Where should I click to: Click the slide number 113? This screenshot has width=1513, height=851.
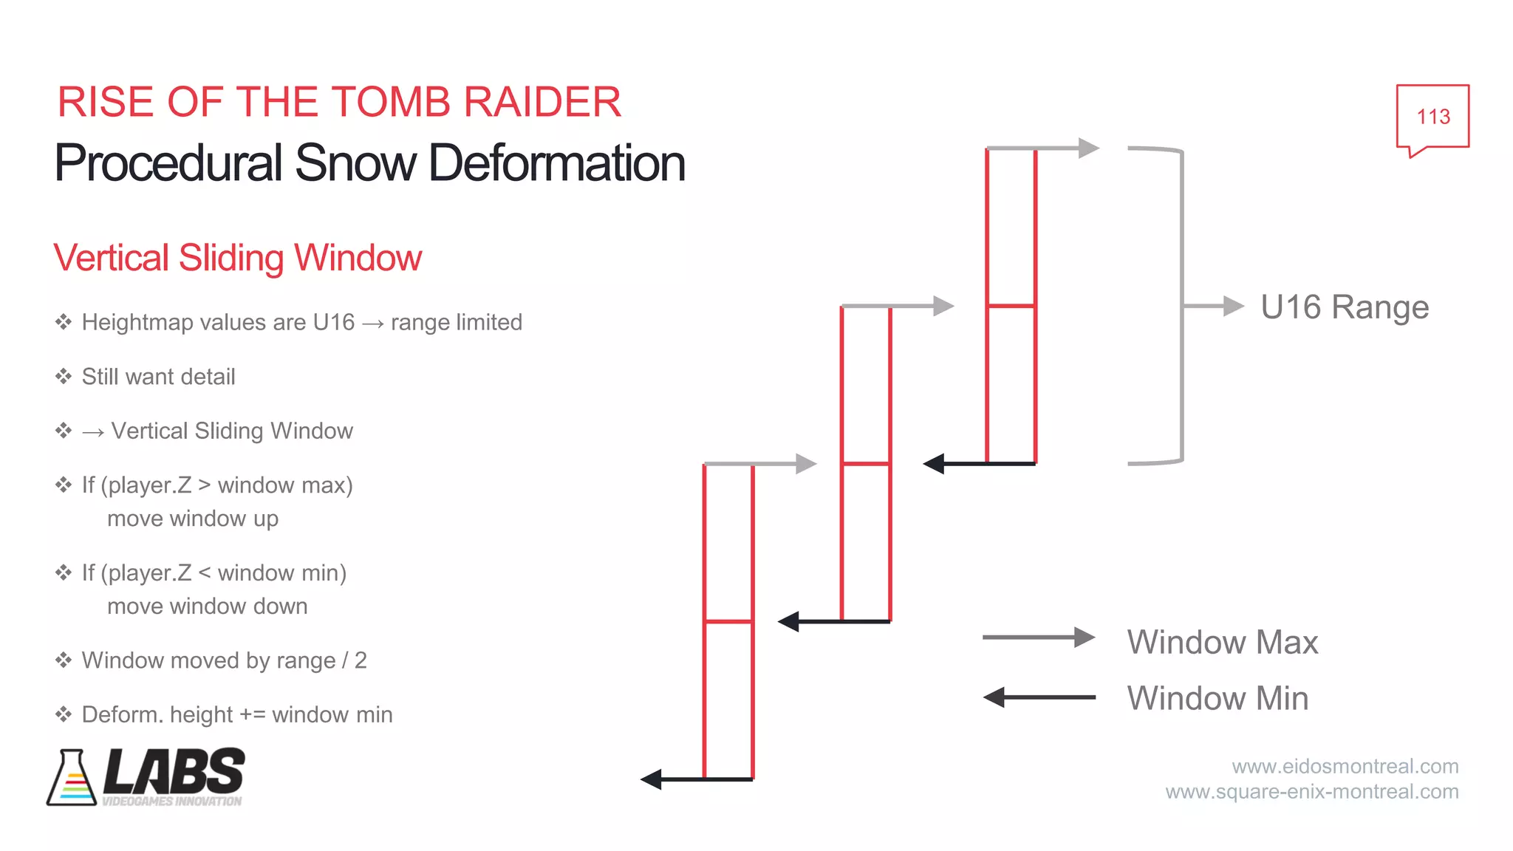coord(1432,117)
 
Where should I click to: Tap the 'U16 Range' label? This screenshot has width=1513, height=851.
coord(1345,307)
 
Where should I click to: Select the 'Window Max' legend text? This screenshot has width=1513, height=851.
coord(1222,642)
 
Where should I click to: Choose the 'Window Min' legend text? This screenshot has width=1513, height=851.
coord(1217,698)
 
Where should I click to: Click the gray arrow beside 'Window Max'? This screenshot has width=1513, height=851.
coord(1038,637)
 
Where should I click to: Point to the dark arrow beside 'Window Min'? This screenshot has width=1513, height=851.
coord(1038,697)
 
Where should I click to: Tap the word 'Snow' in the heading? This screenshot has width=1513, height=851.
coord(355,163)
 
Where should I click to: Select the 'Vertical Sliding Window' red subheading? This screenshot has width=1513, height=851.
coord(237,258)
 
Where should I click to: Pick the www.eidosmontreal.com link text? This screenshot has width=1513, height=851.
coord(1345,766)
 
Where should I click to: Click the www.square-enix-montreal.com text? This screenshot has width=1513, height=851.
coord(1312,792)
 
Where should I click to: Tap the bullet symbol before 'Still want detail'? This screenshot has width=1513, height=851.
coord(64,377)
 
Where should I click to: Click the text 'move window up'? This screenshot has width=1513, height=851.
coord(193,519)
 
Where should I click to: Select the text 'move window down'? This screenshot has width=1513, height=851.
coord(207,606)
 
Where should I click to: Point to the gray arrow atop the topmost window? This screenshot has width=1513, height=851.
coord(1043,148)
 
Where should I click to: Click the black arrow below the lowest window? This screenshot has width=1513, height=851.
coord(696,779)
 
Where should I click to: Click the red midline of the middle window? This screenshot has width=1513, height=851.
coord(866,464)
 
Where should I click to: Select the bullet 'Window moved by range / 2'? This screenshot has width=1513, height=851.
coord(224,660)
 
